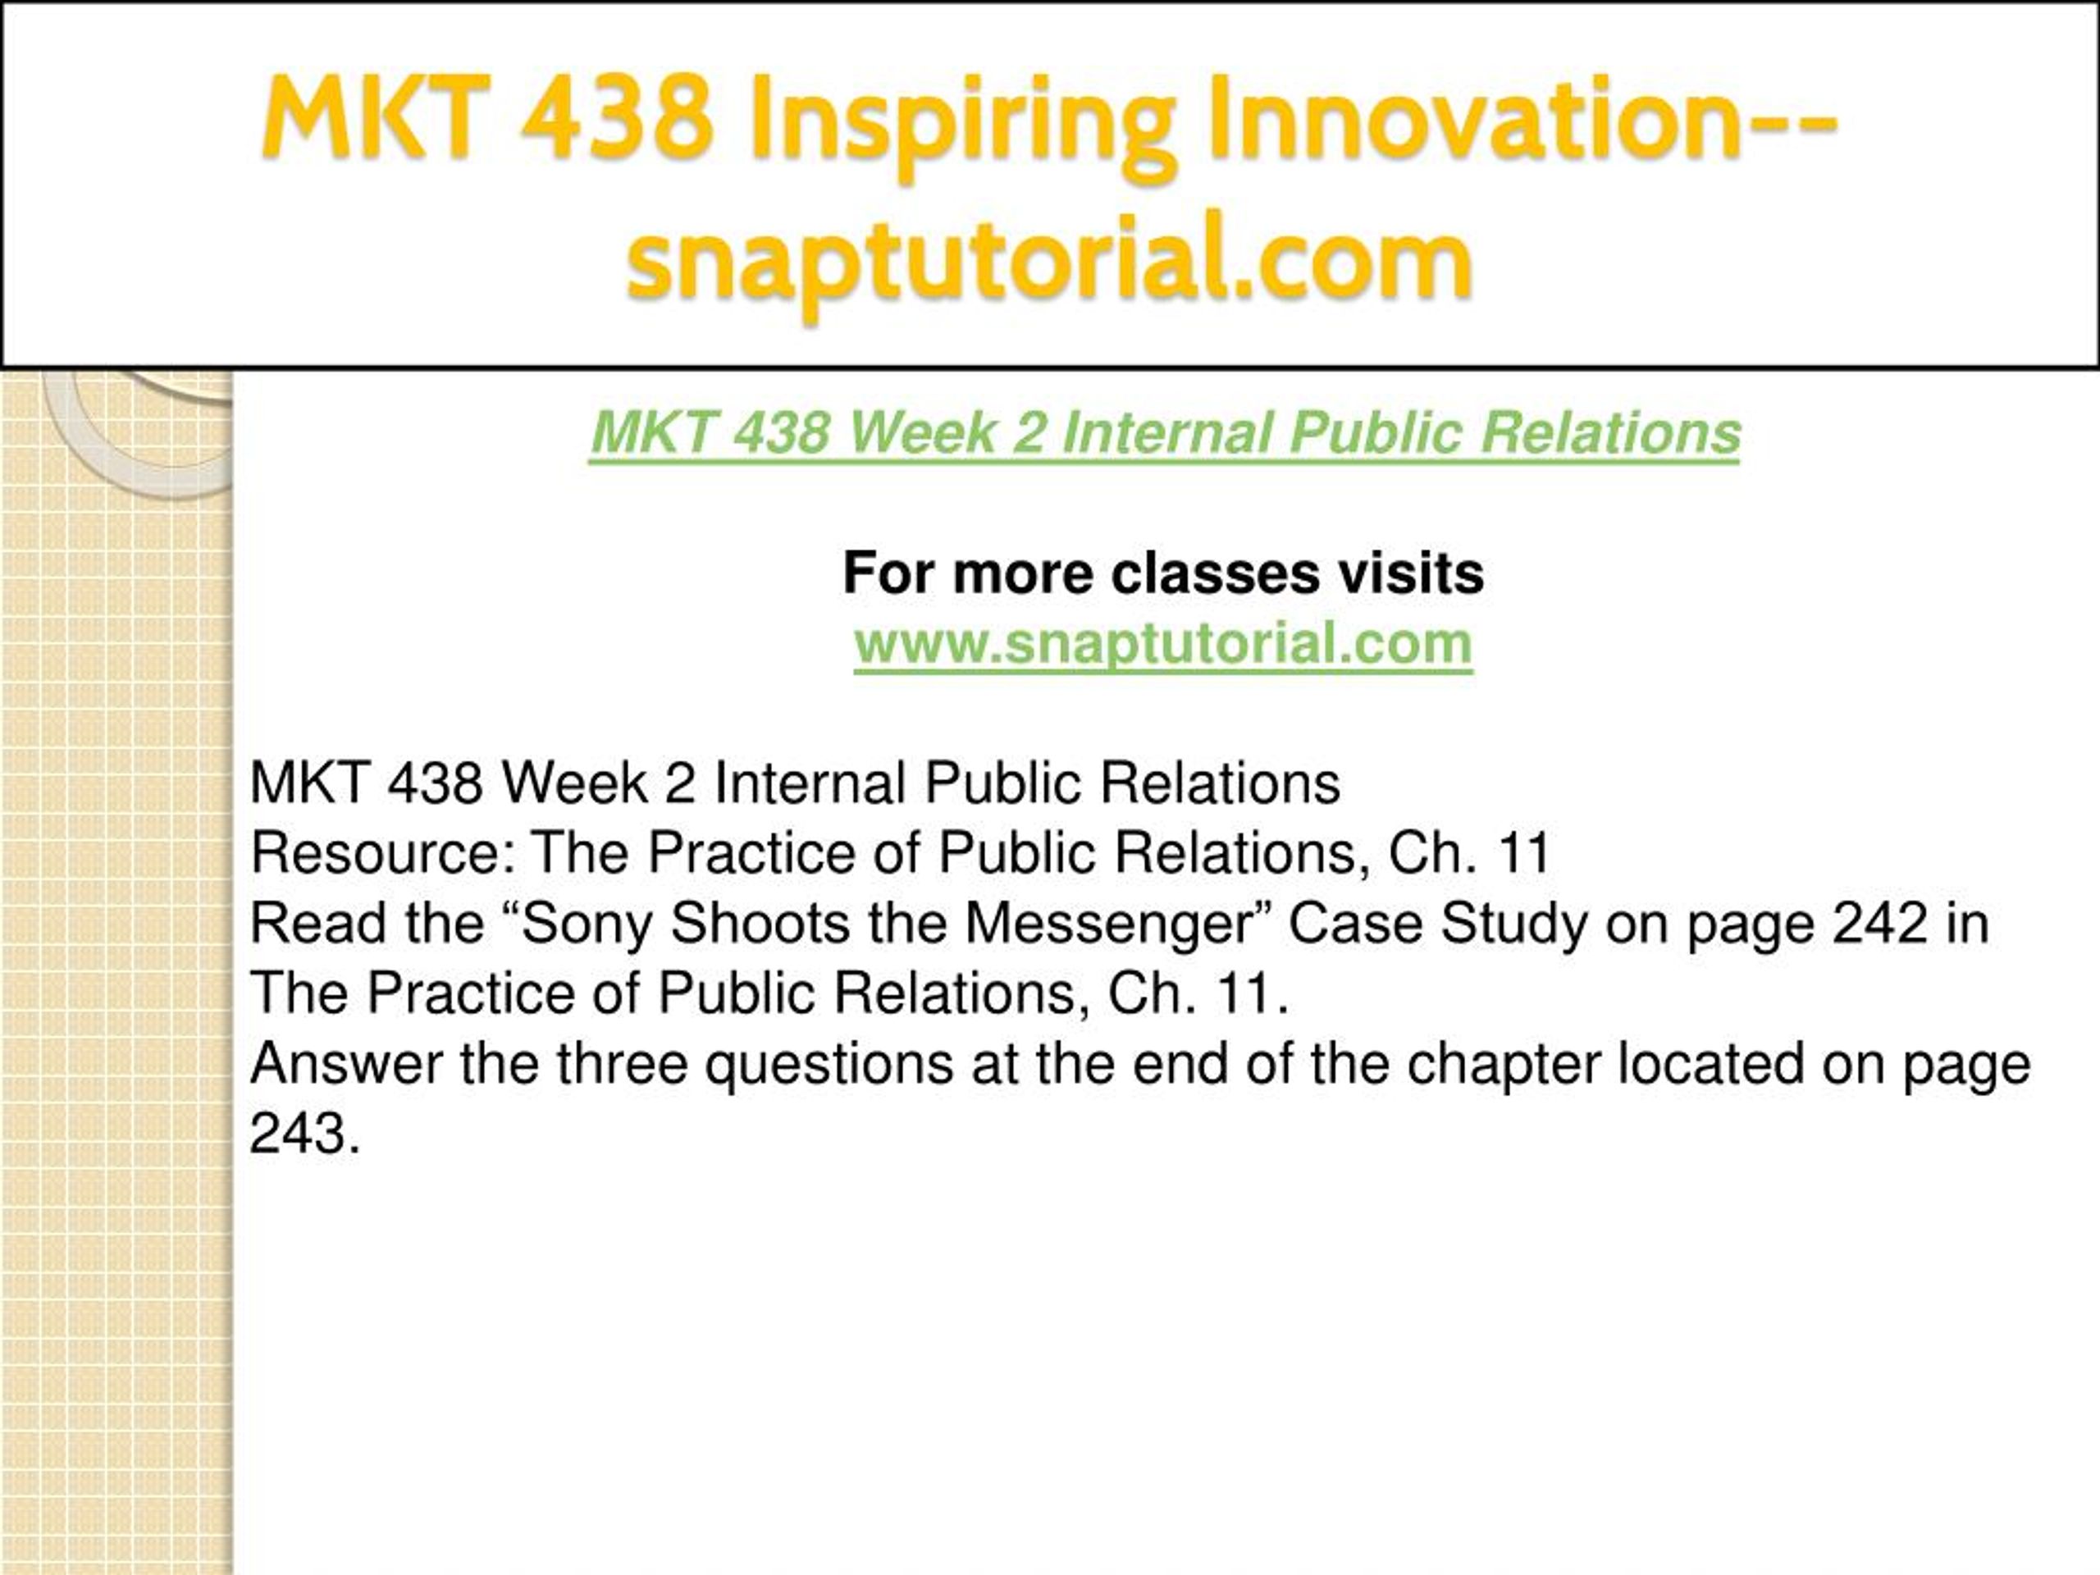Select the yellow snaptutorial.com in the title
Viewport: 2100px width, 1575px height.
coord(1049,261)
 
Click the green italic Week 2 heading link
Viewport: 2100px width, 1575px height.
coord(1165,433)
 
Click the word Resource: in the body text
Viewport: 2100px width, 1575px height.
coord(381,852)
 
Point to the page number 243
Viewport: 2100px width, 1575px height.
coord(304,1134)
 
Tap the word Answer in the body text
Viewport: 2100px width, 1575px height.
coord(345,1063)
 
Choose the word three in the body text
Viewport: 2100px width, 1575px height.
coord(622,1063)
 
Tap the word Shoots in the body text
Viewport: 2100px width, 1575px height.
coord(760,923)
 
